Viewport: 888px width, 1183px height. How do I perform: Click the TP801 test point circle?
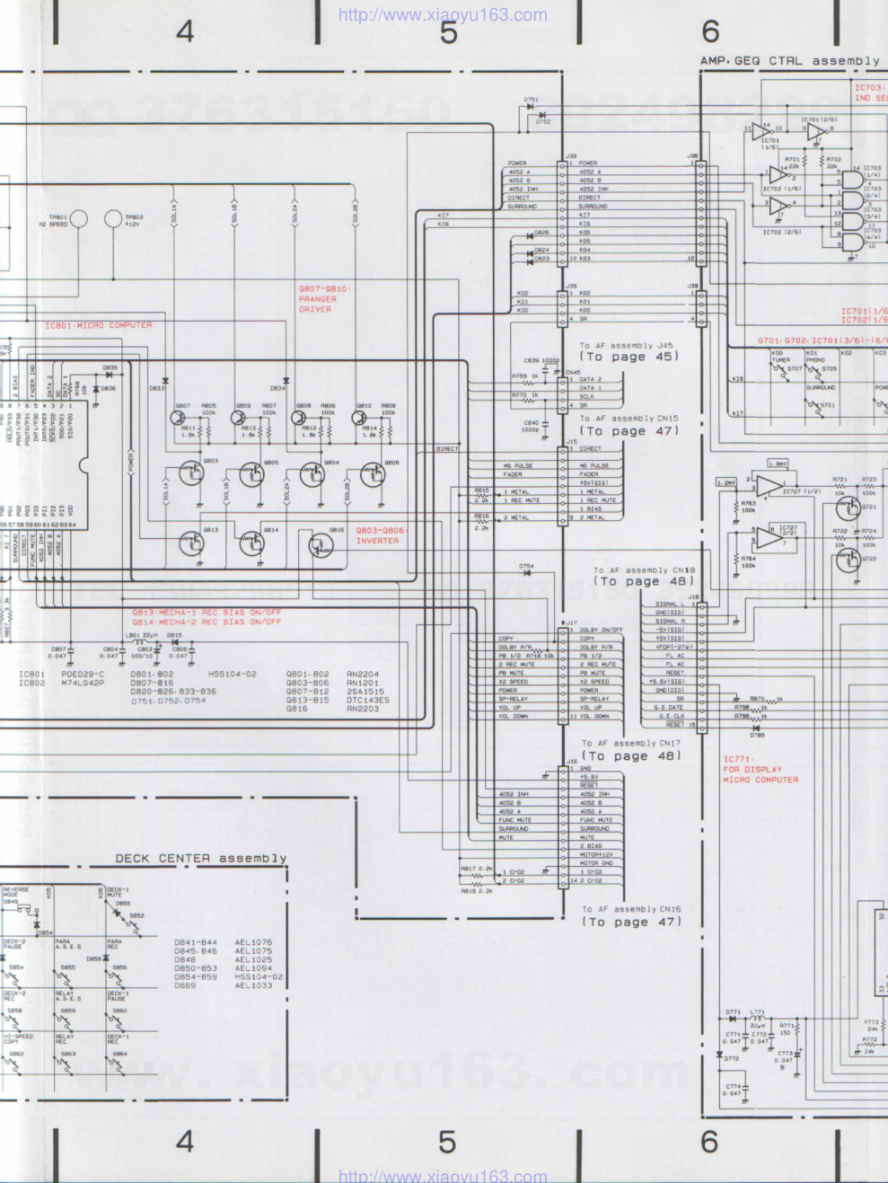coord(79,218)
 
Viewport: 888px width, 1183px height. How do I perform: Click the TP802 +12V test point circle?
coord(113,218)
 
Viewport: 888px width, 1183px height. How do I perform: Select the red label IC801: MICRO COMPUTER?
coord(99,325)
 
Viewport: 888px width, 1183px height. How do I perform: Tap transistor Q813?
coord(191,543)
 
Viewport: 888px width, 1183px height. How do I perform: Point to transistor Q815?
coord(321,544)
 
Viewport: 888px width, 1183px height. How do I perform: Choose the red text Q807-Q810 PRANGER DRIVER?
coord(323,299)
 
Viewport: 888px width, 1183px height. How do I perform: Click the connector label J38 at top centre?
coord(571,156)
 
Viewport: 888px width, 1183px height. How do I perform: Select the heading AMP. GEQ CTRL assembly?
coord(790,61)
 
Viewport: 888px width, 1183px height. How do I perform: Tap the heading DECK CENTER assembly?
coord(201,859)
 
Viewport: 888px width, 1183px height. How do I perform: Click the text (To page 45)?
coord(629,357)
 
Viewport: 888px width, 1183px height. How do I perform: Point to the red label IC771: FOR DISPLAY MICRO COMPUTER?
coord(760,769)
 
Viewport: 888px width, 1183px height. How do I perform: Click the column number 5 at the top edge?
coord(448,32)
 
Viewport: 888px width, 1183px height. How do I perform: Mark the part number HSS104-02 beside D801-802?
coord(233,674)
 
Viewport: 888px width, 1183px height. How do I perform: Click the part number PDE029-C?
coord(83,674)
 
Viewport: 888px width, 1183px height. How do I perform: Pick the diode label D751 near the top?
coord(531,101)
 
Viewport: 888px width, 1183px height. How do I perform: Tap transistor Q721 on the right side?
coord(847,508)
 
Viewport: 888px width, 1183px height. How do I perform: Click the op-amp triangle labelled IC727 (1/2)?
coord(768,487)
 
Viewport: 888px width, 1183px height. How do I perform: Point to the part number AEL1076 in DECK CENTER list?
coord(253,942)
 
